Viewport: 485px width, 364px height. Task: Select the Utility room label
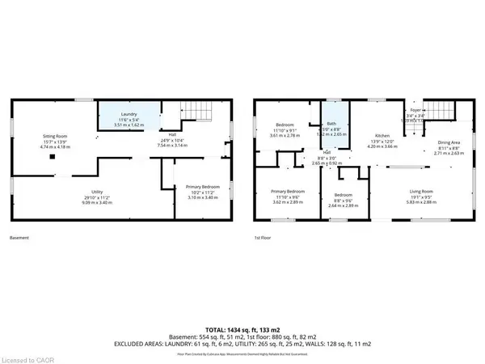pos(48,193)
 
